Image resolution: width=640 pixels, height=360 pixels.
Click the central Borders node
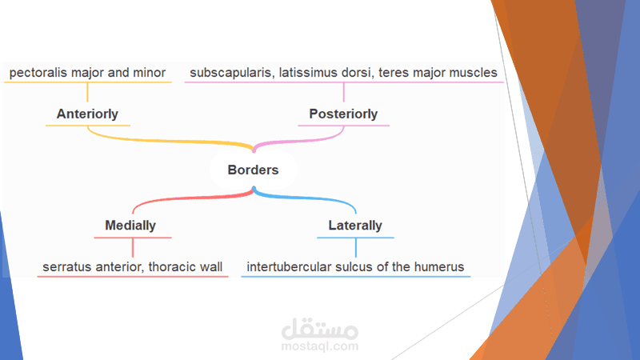tap(253, 170)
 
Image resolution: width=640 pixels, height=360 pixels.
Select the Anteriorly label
tap(88, 114)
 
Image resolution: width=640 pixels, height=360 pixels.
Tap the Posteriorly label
tap(343, 114)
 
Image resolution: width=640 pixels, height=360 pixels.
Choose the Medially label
tap(130, 226)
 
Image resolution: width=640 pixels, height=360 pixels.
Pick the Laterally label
tap(355, 226)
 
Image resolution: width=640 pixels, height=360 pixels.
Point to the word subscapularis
tap(227, 73)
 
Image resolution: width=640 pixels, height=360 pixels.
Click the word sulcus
tap(357, 266)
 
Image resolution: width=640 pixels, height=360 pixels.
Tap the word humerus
tap(439, 266)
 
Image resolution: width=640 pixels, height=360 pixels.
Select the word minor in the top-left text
tap(148, 73)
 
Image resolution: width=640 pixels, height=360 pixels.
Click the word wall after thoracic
tap(211, 266)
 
